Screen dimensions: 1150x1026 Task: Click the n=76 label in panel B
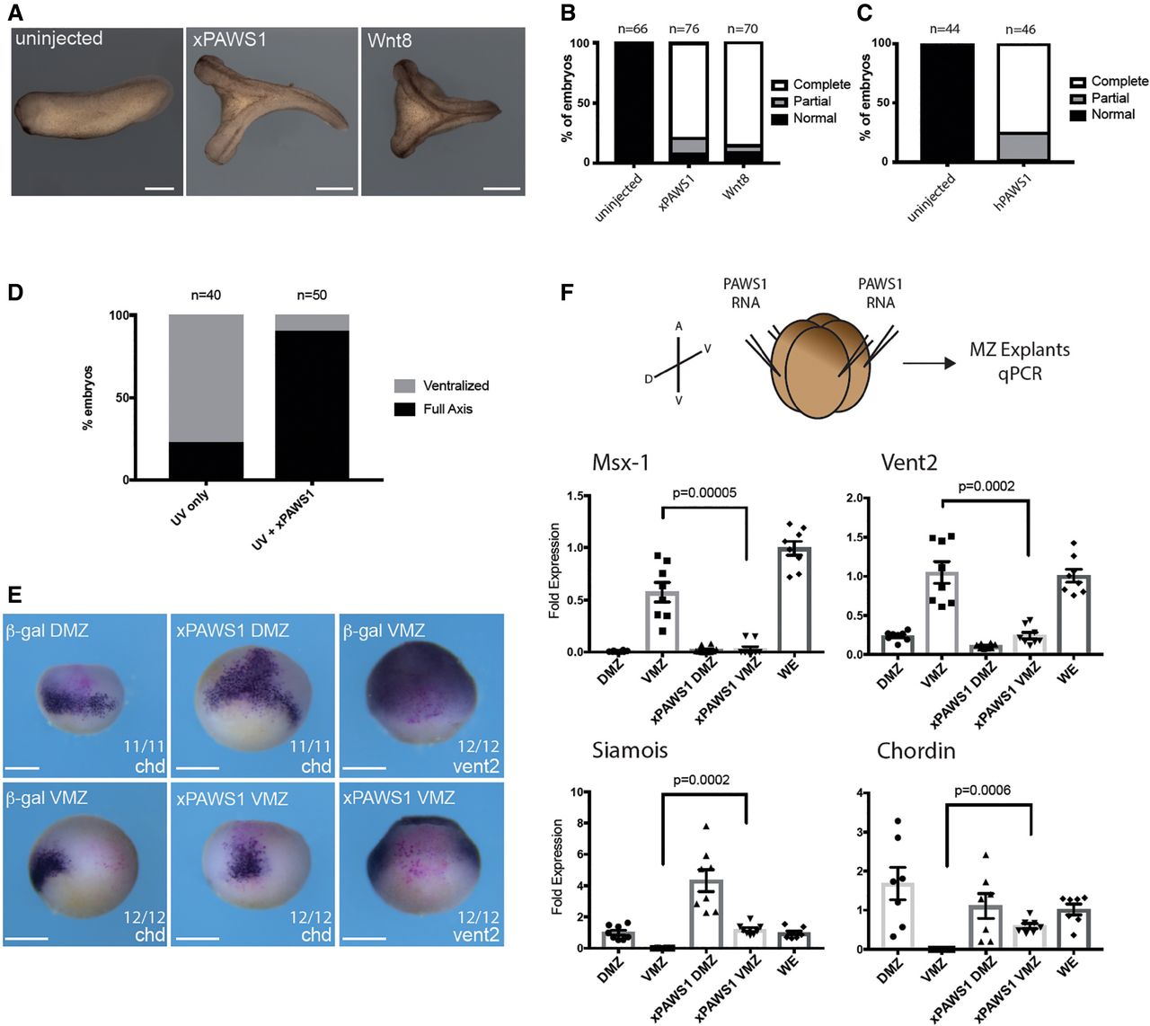pos(684,29)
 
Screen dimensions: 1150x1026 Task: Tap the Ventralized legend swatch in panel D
pos(404,386)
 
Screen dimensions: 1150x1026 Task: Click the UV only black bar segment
pos(206,461)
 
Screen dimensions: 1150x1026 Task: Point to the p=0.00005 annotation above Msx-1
pos(704,492)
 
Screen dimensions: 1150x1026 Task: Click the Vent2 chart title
pos(908,463)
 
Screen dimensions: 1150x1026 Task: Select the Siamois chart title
pos(630,750)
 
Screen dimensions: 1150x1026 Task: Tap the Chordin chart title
pos(916,750)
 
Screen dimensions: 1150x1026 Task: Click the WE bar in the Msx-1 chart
pos(794,599)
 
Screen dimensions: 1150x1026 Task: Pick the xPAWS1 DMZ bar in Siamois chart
pos(706,913)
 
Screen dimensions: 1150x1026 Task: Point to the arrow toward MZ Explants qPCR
pos(929,362)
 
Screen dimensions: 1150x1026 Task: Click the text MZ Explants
pos(1020,349)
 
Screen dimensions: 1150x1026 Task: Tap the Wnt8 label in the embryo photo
pos(389,40)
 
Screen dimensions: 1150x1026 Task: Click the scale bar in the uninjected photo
pos(160,188)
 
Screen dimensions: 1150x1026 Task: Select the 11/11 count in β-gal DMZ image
pos(142,746)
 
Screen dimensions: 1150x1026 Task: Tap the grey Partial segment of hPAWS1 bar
pos(1022,146)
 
